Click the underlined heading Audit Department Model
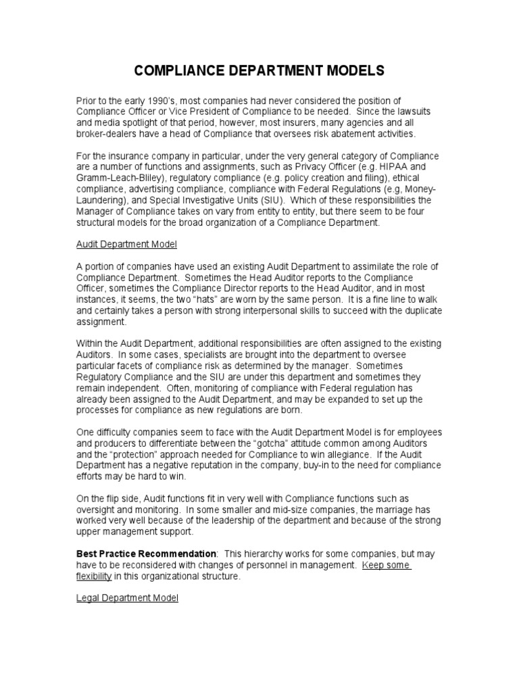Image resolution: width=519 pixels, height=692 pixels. (126, 244)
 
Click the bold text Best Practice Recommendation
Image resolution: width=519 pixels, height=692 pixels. (146, 553)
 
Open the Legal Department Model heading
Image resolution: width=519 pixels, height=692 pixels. (126, 598)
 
